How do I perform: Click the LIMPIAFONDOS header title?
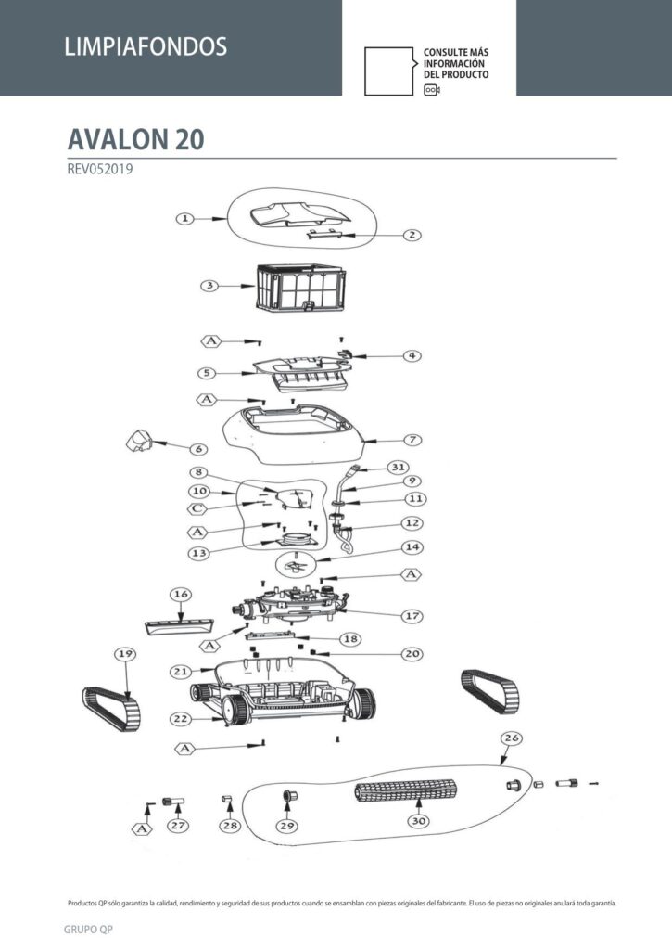(146, 46)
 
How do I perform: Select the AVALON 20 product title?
(135, 139)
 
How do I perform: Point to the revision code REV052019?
(99, 169)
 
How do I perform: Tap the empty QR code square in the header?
(388, 71)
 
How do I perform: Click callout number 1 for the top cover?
(185, 218)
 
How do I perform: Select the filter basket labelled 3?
(301, 288)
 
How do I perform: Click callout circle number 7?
(412, 440)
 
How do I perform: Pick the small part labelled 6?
(139, 441)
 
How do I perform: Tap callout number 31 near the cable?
(398, 468)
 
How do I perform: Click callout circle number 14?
(412, 547)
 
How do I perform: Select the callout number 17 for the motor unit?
(412, 616)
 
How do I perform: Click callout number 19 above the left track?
(125, 654)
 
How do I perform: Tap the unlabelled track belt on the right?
(490, 691)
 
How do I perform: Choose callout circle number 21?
(181, 672)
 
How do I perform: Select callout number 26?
(512, 738)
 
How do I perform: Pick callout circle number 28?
(231, 825)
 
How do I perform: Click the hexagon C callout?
(197, 509)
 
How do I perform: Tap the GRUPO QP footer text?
(88, 930)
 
